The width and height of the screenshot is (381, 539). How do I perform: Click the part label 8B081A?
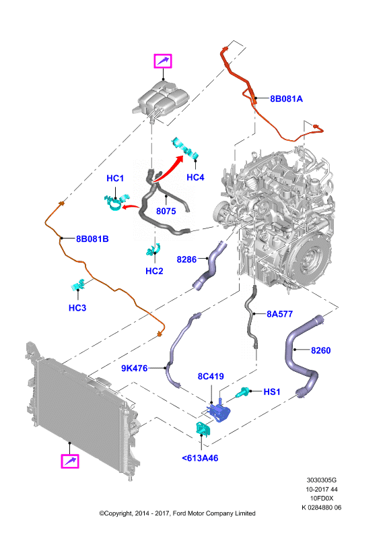[286, 99]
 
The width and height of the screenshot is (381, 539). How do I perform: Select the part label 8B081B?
[92, 239]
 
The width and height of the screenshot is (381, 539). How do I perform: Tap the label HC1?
[115, 179]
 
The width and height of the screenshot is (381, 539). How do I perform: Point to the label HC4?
[195, 177]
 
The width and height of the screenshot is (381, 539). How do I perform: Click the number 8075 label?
[166, 211]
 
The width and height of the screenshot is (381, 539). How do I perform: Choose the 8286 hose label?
[186, 259]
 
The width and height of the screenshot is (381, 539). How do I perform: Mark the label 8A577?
[279, 314]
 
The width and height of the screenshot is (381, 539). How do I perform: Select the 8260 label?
[320, 350]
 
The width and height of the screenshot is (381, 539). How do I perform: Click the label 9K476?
[135, 369]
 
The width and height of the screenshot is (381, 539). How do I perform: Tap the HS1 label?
[272, 392]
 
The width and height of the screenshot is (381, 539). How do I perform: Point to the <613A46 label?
[200, 458]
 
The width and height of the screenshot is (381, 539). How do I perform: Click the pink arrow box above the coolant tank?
[162, 61]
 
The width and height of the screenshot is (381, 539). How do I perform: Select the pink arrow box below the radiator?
[70, 461]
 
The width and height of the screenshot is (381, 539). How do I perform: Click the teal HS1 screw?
[242, 393]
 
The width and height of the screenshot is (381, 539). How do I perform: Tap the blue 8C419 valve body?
[218, 410]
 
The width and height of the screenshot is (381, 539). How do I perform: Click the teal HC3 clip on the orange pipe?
[78, 285]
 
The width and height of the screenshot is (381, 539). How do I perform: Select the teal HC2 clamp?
[153, 249]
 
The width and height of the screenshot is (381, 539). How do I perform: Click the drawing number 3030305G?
[322, 480]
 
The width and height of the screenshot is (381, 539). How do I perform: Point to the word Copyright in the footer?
[117, 513]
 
